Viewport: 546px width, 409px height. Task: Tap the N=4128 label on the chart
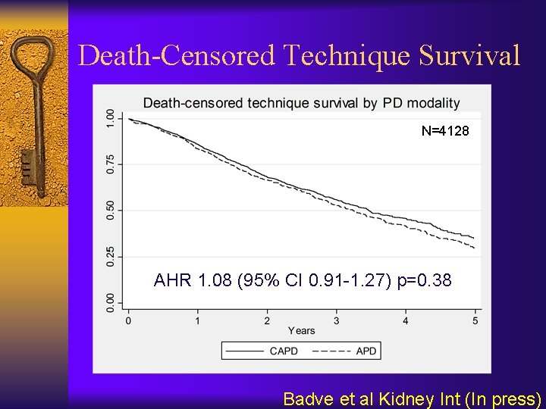[445, 131]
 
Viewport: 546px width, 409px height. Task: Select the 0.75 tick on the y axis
[111, 164]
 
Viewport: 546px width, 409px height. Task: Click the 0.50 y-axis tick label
[111, 210]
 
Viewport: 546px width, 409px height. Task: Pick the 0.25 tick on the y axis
[111, 255]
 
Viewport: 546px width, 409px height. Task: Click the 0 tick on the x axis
[128, 320]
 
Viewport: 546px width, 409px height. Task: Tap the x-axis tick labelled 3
[336, 320]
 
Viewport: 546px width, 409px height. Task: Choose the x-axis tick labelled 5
[475, 320]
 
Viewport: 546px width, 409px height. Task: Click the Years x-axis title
[301, 331]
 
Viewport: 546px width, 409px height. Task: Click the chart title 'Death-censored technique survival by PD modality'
[301, 103]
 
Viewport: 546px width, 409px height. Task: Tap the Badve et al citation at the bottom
[412, 398]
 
